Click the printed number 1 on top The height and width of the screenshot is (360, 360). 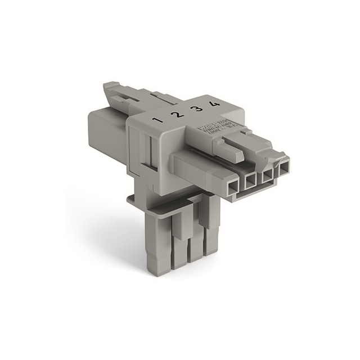click(159, 119)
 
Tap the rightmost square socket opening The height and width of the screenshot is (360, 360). click(284, 166)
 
